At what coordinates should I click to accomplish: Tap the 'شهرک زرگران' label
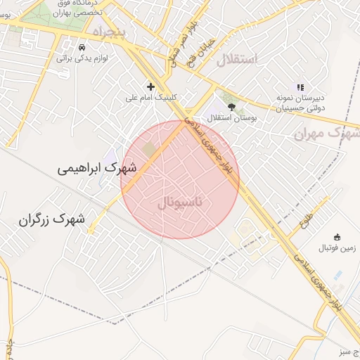point(52,219)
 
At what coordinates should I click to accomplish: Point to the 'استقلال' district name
point(237,60)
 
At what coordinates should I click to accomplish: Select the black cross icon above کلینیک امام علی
point(150,86)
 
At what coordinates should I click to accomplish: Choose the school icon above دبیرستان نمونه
point(300,87)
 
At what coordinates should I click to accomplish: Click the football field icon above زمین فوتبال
point(337,237)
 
